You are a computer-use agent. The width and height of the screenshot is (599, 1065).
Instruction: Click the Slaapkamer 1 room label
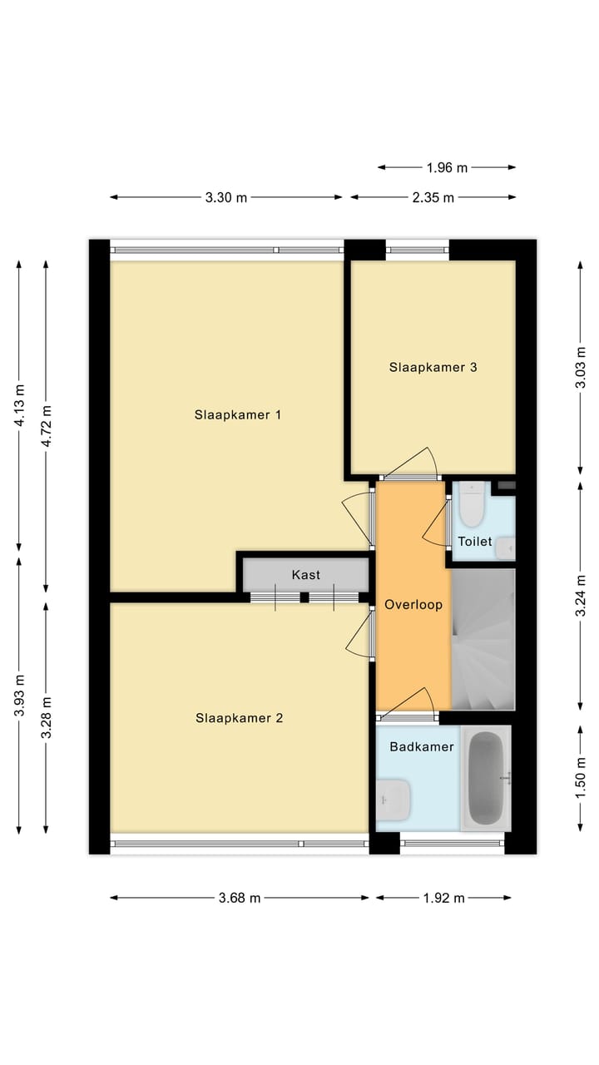pos(237,414)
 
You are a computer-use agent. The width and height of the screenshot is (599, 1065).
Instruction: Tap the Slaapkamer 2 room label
pos(240,717)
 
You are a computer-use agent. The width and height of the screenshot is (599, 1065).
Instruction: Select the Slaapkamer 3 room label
pos(433,366)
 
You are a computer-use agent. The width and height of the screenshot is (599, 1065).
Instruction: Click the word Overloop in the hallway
pos(413,605)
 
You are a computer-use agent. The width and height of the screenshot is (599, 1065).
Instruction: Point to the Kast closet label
pos(305,575)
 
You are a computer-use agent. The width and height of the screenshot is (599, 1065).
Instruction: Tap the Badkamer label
pos(422,746)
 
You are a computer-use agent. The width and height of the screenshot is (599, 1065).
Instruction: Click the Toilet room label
pos(474,542)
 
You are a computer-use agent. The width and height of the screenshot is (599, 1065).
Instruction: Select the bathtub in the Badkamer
pos(486,778)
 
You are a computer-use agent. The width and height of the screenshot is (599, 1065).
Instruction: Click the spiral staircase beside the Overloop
pos(483,639)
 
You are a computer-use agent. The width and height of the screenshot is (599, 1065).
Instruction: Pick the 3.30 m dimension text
pos(226,197)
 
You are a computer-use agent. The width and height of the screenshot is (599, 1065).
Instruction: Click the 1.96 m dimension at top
pos(447,167)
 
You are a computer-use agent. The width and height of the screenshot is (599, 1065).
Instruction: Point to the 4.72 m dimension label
pos(47,427)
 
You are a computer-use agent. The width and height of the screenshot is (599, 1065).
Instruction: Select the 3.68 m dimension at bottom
pos(240,898)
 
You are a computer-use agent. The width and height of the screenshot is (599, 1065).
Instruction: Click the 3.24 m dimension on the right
pos(581,596)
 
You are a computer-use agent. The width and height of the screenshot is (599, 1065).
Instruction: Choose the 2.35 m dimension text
pos(433,197)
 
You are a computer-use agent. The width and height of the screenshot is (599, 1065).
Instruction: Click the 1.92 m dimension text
pos(443,898)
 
